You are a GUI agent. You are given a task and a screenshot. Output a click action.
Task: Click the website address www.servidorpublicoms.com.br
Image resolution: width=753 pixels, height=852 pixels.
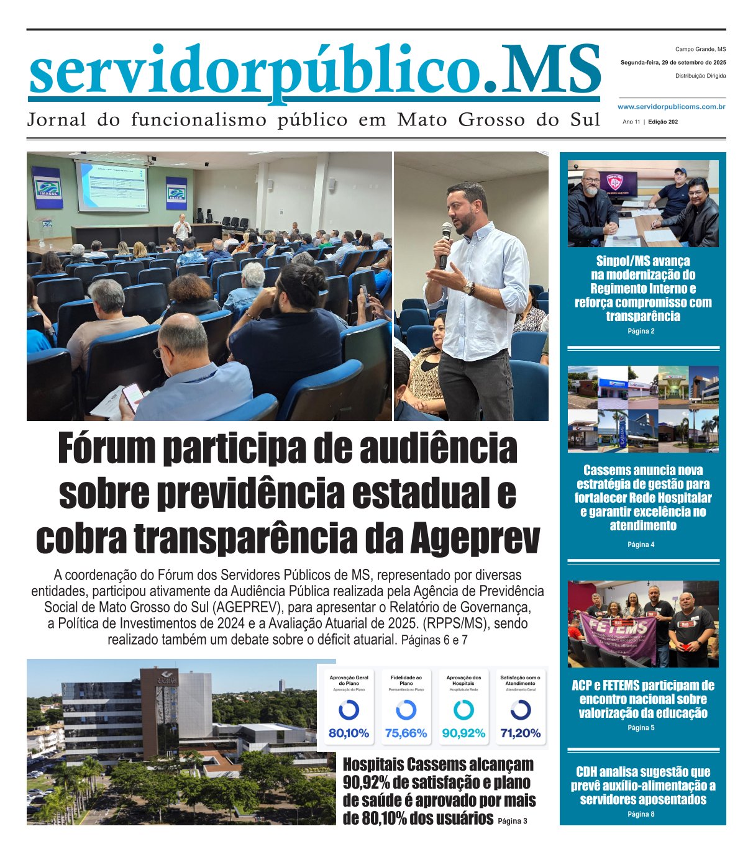[x=672, y=107]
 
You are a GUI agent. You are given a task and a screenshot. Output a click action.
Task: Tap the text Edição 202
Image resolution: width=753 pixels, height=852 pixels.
[x=662, y=122]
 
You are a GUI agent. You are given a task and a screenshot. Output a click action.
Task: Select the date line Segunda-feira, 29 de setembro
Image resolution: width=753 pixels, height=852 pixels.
[x=673, y=63]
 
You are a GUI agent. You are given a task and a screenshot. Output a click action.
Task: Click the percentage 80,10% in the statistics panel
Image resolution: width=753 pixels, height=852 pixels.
[x=349, y=733]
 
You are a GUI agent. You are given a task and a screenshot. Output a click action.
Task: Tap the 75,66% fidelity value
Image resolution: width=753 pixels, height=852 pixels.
[x=406, y=733]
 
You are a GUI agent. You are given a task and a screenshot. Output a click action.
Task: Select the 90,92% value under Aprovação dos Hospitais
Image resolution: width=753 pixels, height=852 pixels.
[x=463, y=733]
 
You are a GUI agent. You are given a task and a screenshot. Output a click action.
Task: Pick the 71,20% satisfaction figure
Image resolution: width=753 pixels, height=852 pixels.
[x=520, y=733]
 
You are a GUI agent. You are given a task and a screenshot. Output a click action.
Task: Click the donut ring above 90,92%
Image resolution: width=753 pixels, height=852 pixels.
[x=463, y=710]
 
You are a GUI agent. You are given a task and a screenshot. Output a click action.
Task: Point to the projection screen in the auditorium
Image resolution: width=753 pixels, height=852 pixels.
[x=112, y=186]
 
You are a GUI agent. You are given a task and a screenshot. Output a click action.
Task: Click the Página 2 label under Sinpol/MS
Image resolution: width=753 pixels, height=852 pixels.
[x=641, y=332]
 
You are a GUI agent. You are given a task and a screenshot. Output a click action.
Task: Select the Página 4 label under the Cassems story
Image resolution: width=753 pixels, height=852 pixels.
[x=641, y=545]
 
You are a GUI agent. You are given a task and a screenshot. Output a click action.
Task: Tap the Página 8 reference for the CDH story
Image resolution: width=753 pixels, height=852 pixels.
[x=641, y=814]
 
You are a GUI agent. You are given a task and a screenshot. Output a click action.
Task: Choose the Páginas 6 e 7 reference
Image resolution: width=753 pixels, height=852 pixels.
[x=434, y=640]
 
